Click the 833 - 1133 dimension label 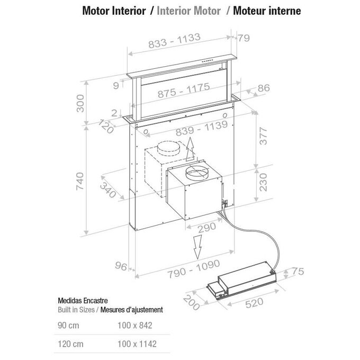click(175, 41)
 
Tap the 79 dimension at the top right click(244, 38)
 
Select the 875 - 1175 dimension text click(184, 90)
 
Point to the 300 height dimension click(80, 103)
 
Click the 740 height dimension click(80, 181)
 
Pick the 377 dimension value click(263, 136)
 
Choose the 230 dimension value click(263, 182)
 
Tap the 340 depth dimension click(108, 190)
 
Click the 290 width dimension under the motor click(207, 227)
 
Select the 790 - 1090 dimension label click(194, 269)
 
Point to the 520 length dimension click(254, 303)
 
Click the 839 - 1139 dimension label click(202, 128)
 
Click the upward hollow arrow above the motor click(190, 149)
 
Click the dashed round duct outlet click(168, 149)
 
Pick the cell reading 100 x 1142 click(137, 344)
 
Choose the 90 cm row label click(68, 326)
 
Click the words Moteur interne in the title click(267, 11)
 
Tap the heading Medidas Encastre click(83, 301)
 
